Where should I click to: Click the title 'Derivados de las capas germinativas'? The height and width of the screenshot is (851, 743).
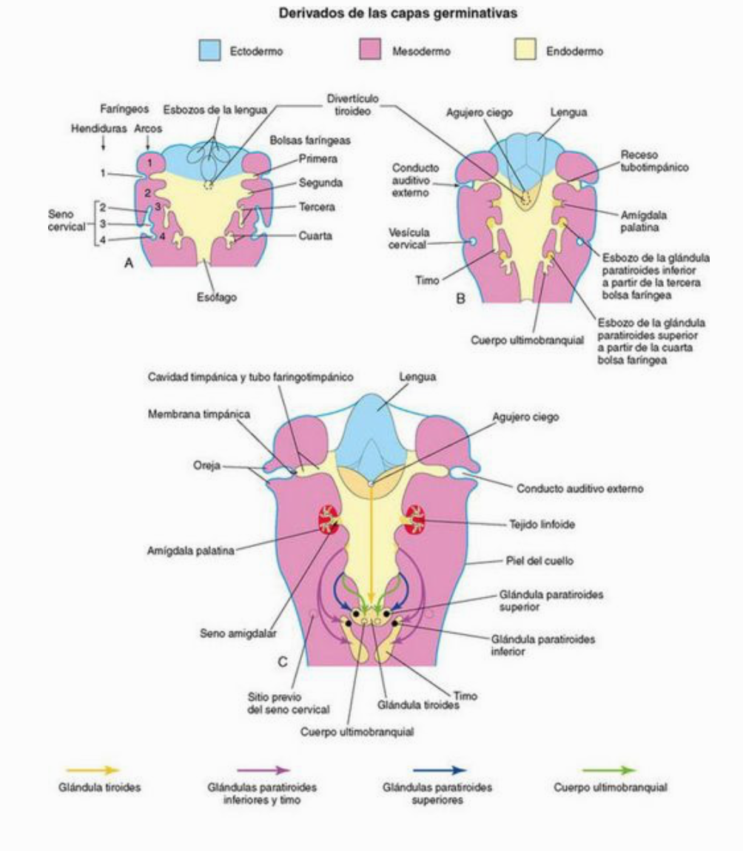(x=371, y=13)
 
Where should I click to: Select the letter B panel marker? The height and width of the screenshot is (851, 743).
(x=460, y=301)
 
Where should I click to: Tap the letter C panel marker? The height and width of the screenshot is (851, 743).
(x=282, y=661)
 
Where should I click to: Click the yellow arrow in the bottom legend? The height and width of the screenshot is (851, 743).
(x=93, y=770)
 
